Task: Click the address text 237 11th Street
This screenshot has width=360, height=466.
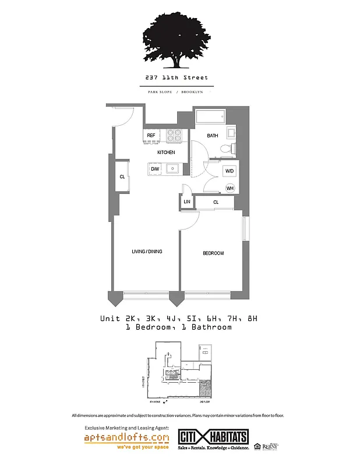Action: (x=177, y=77)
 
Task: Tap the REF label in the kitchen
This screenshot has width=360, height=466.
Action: (x=151, y=136)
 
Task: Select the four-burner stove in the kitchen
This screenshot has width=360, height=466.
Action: (x=175, y=135)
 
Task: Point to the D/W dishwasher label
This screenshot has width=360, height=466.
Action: (x=155, y=169)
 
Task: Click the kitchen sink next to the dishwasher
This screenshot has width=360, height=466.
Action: (x=172, y=169)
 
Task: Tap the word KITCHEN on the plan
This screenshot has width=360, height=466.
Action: (x=165, y=153)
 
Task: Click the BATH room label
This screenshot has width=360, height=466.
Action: (x=212, y=136)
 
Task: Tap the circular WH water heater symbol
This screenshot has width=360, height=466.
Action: (x=230, y=188)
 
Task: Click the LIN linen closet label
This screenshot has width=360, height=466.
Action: (x=186, y=202)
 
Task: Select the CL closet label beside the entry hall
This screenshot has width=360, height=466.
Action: (x=122, y=176)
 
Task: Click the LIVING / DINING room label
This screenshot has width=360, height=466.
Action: (x=147, y=252)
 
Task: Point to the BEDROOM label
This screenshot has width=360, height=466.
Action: (x=213, y=253)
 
